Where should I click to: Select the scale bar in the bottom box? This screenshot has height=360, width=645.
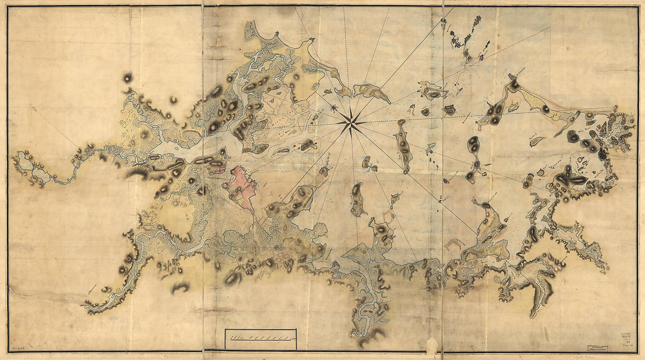(x=260, y=338)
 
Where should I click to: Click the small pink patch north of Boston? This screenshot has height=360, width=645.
(x=218, y=169)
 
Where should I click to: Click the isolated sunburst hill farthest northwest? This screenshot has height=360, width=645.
(x=127, y=77)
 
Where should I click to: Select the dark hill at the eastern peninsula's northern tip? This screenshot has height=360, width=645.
(x=514, y=84)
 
